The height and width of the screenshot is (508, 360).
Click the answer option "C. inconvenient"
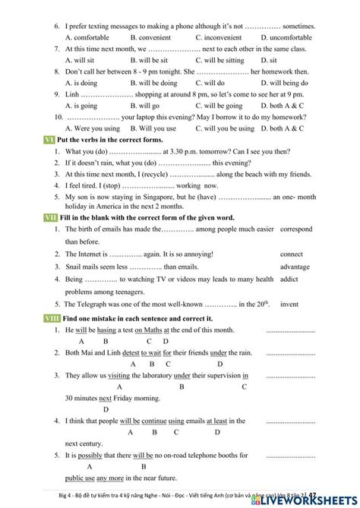219,37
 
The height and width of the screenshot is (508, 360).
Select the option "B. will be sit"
149,60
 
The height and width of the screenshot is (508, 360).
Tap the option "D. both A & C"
282,106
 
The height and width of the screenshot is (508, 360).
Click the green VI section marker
49,140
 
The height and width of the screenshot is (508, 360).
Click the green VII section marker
50,217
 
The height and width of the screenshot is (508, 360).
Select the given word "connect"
292,254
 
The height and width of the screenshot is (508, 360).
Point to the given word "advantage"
295,267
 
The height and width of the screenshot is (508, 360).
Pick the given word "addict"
289,279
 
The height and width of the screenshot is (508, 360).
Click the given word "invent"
289,304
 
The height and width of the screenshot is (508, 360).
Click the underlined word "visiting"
119,375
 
